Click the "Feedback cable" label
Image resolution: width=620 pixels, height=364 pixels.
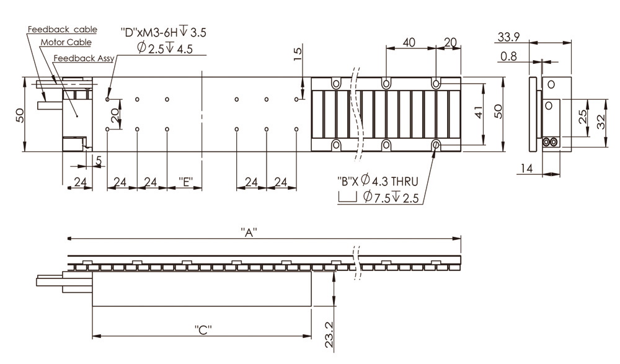[x=62, y=30]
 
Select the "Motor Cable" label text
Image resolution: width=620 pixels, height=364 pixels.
[x=66, y=42]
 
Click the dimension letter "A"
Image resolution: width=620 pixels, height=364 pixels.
[x=249, y=232]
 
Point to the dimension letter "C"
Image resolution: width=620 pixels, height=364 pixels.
[x=203, y=329]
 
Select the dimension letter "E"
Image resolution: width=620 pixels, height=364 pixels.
[x=185, y=182]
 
